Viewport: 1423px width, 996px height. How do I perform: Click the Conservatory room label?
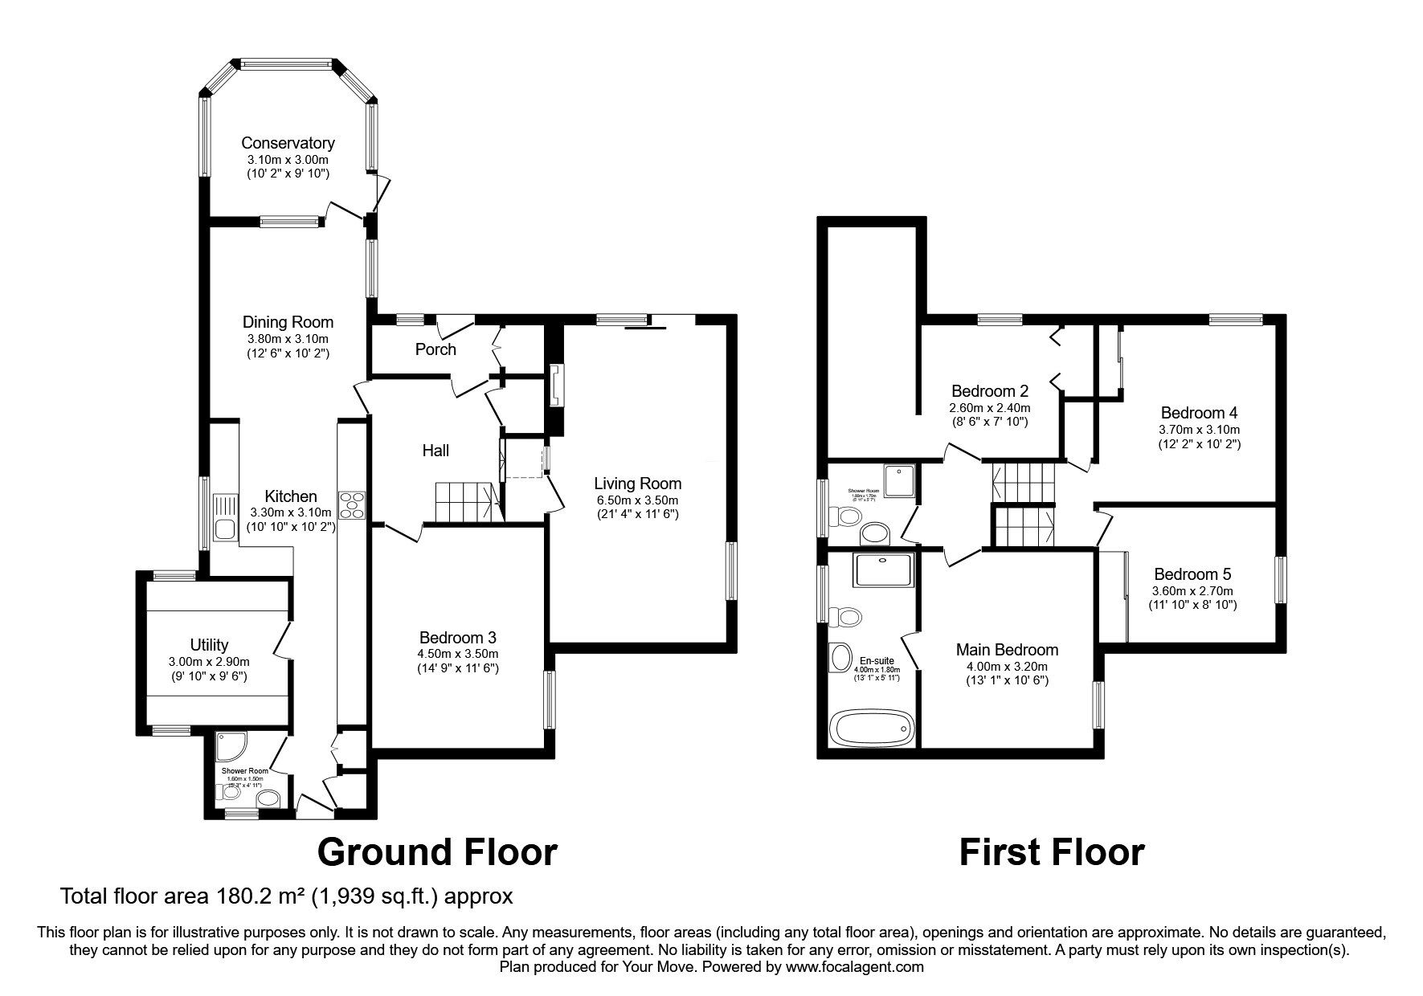[x=288, y=143]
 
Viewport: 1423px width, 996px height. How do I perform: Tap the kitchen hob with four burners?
[x=352, y=505]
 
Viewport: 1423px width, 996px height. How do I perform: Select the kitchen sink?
[x=224, y=529]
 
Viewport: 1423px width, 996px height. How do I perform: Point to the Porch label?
[x=435, y=349]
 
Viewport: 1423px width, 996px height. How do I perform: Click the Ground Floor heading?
[x=437, y=851]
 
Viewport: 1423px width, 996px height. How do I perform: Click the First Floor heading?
[x=1051, y=851]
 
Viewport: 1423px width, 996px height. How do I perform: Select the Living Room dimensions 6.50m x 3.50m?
[x=637, y=500]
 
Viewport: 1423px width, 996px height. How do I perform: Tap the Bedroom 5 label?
[x=1192, y=574]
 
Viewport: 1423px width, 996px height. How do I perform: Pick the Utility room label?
[x=209, y=644]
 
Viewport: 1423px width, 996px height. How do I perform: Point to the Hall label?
[x=435, y=451]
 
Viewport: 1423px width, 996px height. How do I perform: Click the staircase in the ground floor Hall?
[x=465, y=501]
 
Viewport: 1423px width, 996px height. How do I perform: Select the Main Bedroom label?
[x=1007, y=650]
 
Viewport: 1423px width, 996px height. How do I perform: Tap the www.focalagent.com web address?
[x=854, y=967]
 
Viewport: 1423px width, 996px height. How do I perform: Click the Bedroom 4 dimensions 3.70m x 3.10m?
[x=1199, y=429]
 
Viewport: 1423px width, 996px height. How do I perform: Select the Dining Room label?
[x=288, y=322]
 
